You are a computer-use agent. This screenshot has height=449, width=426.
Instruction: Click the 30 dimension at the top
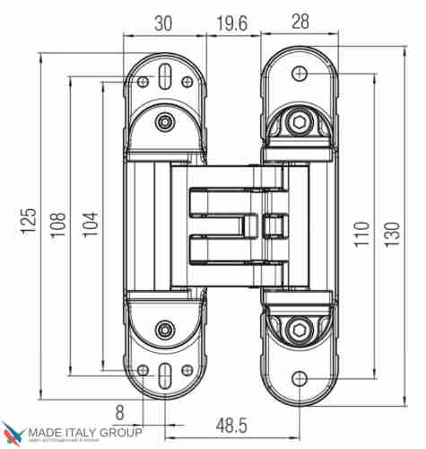tap(162, 24)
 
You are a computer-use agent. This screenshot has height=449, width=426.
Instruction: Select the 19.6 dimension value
tap(231, 24)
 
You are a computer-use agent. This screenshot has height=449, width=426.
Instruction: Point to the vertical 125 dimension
tap(29, 219)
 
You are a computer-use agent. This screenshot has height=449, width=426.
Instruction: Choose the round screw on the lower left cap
tap(163, 330)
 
